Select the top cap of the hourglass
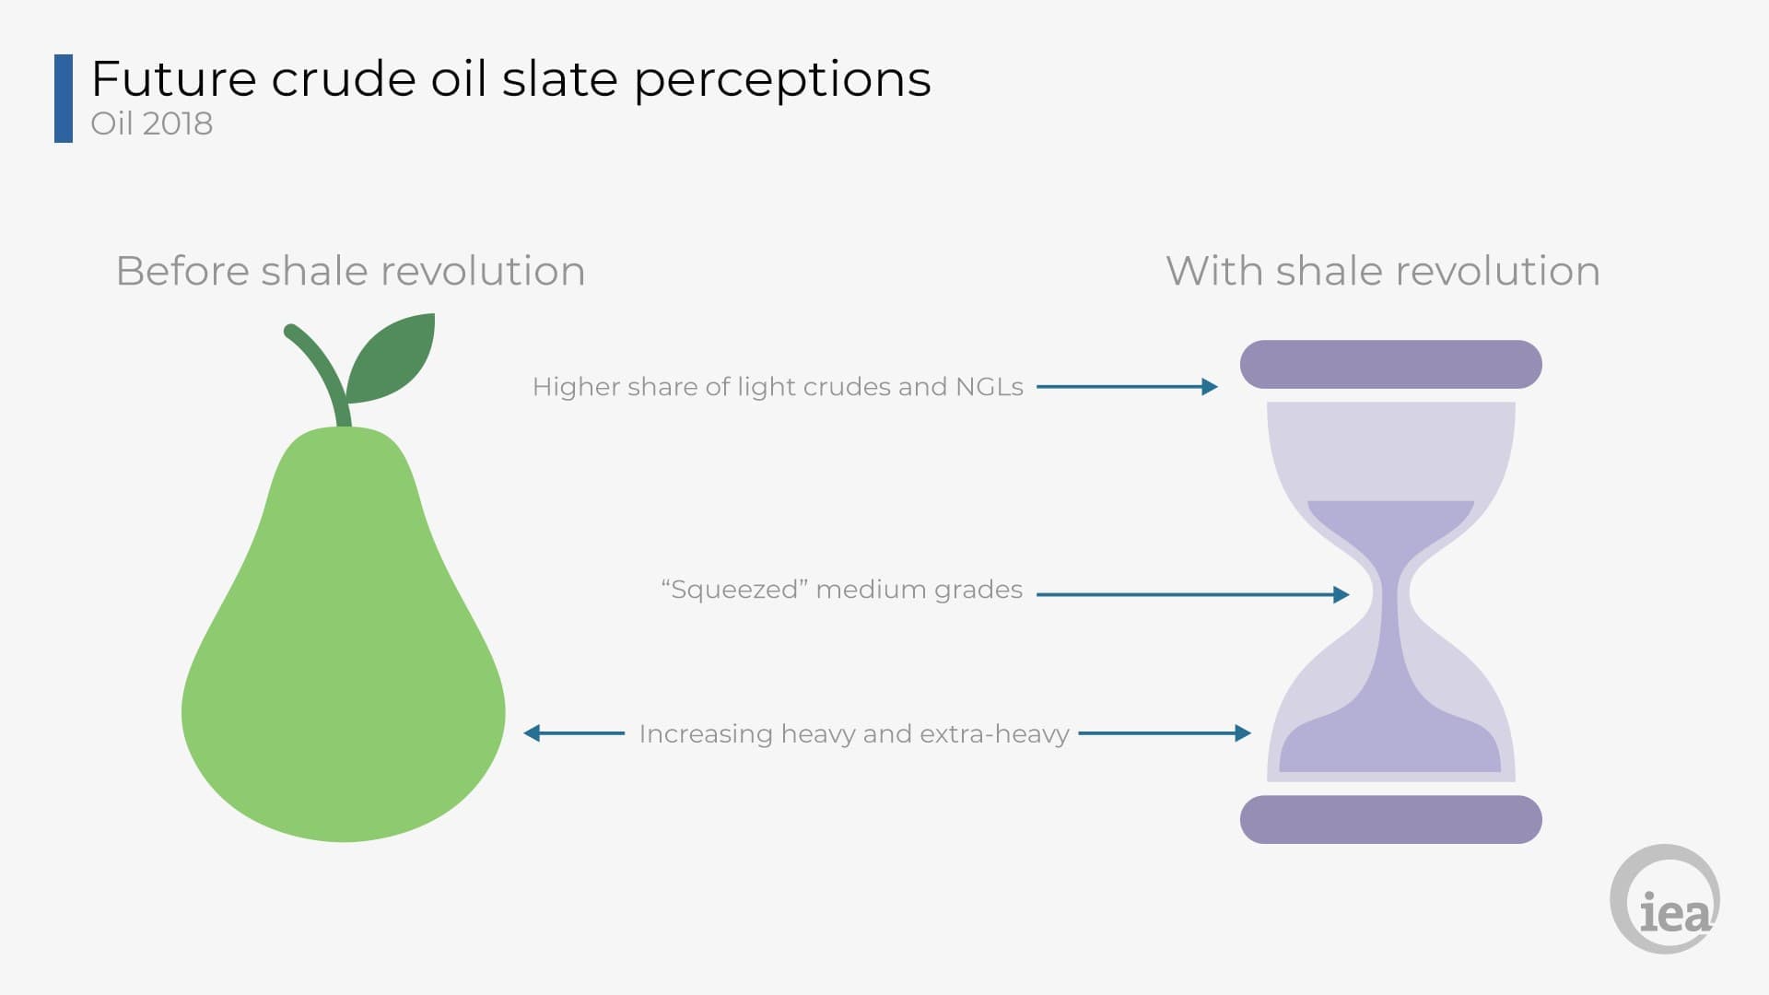point(1390,364)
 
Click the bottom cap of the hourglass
point(1390,819)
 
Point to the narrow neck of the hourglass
point(1390,595)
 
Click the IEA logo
point(1665,899)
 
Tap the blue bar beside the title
point(64,99)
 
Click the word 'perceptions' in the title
point(782,80)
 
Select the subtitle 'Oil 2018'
point(152,123)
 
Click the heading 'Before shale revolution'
point(350,271)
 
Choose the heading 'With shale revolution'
point(1383,271)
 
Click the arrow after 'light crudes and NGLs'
point(1127,387)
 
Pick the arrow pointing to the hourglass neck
point(1193,595)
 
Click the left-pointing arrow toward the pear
point(574,733)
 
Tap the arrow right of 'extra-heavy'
point(1165,733)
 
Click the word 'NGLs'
point(990,387)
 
